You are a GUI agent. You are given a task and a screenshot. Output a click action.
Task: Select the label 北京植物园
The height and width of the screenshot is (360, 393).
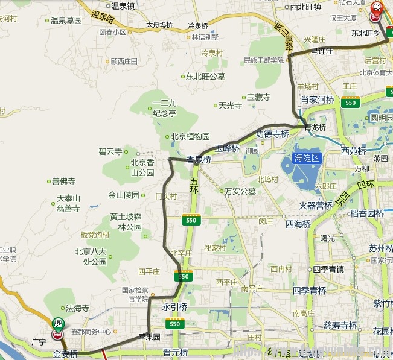pyautogui.click(x=190, y=136)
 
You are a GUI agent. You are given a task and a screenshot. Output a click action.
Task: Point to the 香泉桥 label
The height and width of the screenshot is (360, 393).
pyautogui.click(x=199, y=160)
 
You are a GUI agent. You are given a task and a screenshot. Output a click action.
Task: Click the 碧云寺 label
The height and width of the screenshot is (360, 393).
pyautogui.click(x=110, y=151)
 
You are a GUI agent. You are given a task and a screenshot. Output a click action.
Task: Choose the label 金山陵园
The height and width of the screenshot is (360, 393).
pyautogui.click(x=124, y=195)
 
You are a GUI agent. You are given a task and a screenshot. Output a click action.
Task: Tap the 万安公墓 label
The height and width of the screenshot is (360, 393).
pyautogui.click(x=240, y=191)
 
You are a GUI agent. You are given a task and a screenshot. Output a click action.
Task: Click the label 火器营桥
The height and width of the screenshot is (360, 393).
pyautogui.click(x=316, y=206)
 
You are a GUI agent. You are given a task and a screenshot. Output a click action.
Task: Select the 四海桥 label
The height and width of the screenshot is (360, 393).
pyautogui.click(x=298, y=223)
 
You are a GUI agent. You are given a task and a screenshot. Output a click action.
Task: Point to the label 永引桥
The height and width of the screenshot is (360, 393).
pyautogui.click(x=175, y=306)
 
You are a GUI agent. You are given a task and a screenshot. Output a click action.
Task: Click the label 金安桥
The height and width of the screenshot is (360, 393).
pyautogui.click(x=65, y=354)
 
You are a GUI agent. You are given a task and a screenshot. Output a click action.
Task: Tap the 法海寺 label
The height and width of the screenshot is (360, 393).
pyautogui.click(x=77, y=308)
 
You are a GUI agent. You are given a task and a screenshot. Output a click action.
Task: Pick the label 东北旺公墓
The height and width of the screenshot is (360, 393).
pyautogui.click(x=205, y=77)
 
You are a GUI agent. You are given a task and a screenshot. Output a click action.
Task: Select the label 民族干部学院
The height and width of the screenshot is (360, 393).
pyautogui.click(x=263, y=60)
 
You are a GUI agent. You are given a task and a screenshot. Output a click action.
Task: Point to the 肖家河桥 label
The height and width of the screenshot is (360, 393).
pyautogui.click(x=318, y=99)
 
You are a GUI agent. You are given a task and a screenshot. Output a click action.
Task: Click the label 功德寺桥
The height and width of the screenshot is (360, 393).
pyautogui.click(x=272, y=133)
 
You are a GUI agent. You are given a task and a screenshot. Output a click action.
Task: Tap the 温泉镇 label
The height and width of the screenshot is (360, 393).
pyautogui.click(x=123, y=6)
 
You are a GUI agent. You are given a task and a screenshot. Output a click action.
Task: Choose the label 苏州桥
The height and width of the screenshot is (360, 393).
pyautogui.click(x=382, y=248)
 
